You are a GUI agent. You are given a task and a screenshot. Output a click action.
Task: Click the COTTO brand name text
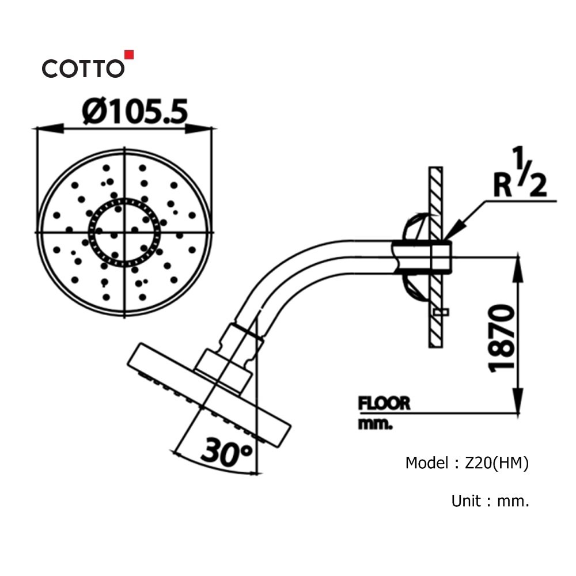(82, 69)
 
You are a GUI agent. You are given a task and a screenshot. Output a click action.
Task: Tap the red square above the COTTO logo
(130, 55)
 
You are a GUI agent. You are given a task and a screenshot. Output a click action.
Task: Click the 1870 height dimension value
(501, 338)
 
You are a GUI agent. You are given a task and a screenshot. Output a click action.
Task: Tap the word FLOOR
(384, 403)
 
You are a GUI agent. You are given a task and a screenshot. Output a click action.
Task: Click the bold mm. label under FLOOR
(375, 425)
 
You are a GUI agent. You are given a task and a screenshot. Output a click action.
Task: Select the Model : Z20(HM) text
(467, 463)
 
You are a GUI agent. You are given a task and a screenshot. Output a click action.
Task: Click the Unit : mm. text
(490, 501)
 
